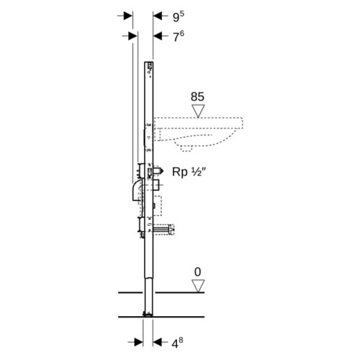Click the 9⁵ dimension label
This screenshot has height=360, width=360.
click(179, 17)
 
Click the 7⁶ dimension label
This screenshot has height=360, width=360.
click(179, 36)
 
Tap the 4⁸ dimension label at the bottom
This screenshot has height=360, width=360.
click(177, 343)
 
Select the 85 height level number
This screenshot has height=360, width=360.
click(197, 96)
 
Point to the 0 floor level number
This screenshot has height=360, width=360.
click(197, 272)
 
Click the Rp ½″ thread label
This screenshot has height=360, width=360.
click(189, 172)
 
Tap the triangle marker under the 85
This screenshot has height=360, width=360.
click(198, 111)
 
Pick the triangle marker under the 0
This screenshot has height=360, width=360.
click(198, 286)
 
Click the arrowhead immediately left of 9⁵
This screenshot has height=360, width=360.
click(158, 16)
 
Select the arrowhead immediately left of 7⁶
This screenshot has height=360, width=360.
click(158, 36)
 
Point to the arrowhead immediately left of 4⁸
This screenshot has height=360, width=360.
click(158, 342)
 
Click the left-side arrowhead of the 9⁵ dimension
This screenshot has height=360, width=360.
click(128, 16)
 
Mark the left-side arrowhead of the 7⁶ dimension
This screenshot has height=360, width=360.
click(132, 36)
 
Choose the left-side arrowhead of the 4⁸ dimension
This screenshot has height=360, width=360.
click(138, 342)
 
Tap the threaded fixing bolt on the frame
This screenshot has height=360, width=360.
click(163, 230)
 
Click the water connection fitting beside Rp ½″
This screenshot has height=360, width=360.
click(158, 171)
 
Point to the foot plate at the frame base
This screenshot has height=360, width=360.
click(148, 314)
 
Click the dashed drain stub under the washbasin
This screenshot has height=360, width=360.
click(187, 149)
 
